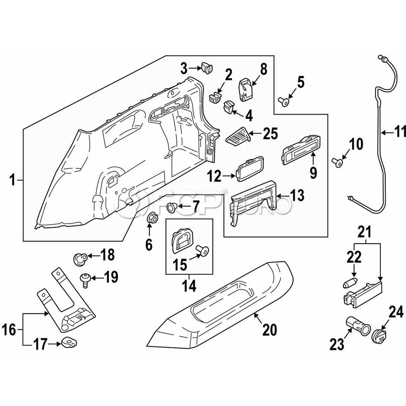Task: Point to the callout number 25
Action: click(270, 134)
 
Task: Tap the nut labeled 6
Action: click(152, 218)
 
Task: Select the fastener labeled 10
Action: click(338, 161)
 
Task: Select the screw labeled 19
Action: click(84, 278)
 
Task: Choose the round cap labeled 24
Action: click(378, 336)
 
